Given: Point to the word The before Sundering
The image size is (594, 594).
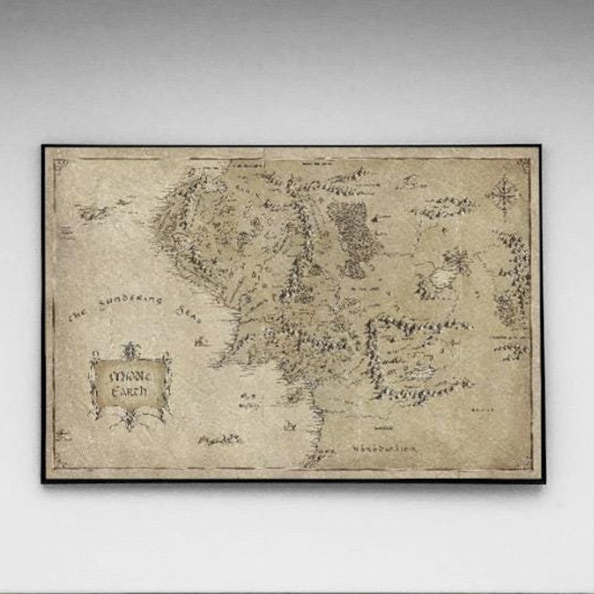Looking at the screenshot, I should tap(78, 316).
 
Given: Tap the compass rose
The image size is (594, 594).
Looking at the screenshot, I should tap(503, 195).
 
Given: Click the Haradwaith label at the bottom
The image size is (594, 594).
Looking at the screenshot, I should tap(384, 448).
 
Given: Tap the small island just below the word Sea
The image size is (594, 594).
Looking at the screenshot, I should tap(199, 341).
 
